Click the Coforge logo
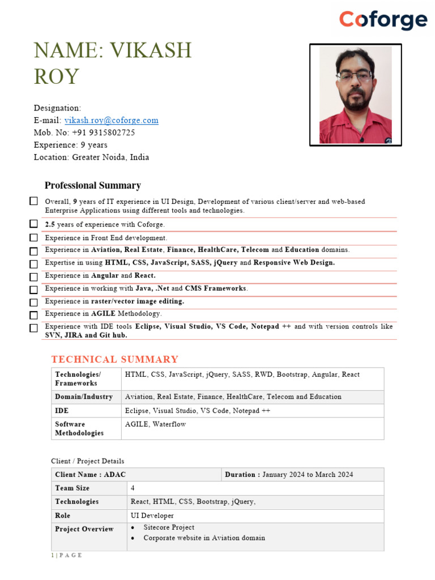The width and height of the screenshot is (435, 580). [x=383, y=20]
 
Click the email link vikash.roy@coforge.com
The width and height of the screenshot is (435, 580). [x=112, y=120]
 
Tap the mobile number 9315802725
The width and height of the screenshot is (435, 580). [x=104, y=133]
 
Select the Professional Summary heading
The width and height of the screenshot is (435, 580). [x=93, y=185]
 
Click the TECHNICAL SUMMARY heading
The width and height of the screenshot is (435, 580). [x=114, y=359]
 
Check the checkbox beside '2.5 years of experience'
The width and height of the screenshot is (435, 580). [x=34, y=224]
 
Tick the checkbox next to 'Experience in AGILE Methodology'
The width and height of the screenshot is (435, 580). [x=34, y=314]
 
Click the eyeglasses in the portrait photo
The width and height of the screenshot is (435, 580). [x=355, y=76]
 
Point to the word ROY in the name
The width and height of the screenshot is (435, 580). [x=56, y=76]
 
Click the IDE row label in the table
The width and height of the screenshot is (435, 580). [x=62, y=411]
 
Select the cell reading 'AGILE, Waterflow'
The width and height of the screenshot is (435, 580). [x=155, y=424]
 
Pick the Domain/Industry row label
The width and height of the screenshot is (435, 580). [x=84, y=396]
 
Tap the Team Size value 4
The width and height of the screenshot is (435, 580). [x=133, y=488]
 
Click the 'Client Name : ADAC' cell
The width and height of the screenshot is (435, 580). [x=91, y=474]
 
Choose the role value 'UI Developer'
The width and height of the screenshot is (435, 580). [x=152, y=515]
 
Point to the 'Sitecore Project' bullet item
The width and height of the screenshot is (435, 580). [x=169, y=527]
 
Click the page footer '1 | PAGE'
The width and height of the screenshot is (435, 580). [x=66, y=555]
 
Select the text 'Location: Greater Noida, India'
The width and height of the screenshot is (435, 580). [x=91, y=157]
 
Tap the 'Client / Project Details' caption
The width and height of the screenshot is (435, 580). [x=87, y=461]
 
